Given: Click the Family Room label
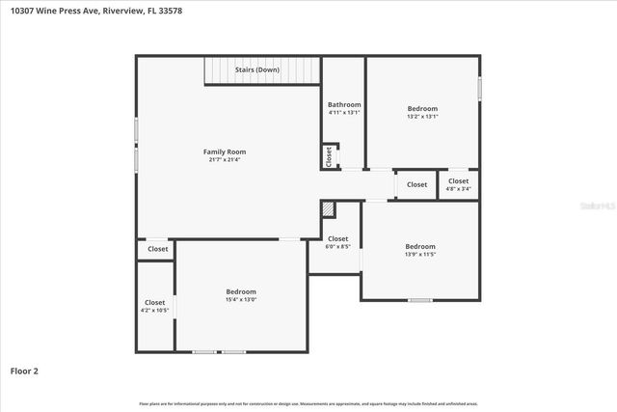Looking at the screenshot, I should click(224, 151).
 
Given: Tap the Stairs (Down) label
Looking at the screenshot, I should click(257, 70).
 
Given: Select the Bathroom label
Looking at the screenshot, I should click(344, 104).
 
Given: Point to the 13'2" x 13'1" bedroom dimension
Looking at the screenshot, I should click(422, 117).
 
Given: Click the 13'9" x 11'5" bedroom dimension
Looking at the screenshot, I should click(420, 255).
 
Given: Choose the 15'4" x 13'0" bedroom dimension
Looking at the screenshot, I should click(241, 300).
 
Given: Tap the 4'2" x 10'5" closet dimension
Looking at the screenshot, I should click(154, 311).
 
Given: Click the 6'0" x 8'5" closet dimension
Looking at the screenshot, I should click(337, 247).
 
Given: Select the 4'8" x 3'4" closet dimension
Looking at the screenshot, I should click(458, 189).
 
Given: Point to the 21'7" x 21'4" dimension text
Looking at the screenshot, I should click(224, 160).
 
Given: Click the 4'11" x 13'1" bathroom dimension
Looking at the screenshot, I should click(344, 113).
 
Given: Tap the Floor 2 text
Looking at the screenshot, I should click(24, 370).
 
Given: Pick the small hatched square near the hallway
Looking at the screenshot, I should click(329, 208).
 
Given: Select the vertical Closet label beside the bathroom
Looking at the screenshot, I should click(329, 156).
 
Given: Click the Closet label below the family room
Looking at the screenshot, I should click(157, 249).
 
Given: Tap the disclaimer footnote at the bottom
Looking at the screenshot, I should click(308, 403).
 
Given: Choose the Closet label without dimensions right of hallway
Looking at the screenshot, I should click(416, 184).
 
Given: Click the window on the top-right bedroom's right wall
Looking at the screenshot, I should click(479, 88).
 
